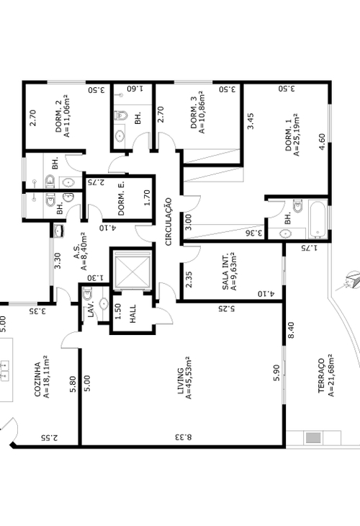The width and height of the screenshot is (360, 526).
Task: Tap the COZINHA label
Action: pyautogui.click(x=38, y=379)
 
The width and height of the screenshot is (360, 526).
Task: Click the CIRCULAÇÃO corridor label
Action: pyautogui.click(x=168, y=221)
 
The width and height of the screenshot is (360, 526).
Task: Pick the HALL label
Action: pyautogui.click(x=133, y=313)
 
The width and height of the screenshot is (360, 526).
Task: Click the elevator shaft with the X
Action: pyautogui.click(x=132, y=269)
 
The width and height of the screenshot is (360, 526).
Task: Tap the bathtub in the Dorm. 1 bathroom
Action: pyautogui.click(x=318, y=219)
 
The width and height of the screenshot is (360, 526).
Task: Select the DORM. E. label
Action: pyautogui.click(x=122, y=199)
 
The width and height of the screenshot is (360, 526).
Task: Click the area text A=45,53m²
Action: pyautogui.click(x=189, y=378)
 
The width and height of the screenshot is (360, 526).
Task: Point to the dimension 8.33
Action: pyautogui.click(x=183, y=437)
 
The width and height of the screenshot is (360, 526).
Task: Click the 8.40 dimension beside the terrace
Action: pyautogui.click(x=291, y=330)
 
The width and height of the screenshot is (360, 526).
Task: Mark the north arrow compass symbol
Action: pyautogui.click(x=350, y=281)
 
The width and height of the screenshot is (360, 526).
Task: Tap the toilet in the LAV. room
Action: pyautogui.click(x=88, y=294)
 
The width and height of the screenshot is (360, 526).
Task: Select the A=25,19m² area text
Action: pyautogui.click(x=297, y=135)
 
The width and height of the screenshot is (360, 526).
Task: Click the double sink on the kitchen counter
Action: pyautogui.click(x=5, y=370)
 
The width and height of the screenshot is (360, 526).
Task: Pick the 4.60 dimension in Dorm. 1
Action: pyautogui.click(x=321, y=142)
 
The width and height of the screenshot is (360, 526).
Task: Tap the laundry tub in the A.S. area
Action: pyautogui.click(x=58, y=231)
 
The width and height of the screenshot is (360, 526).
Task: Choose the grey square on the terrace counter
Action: pyautogui.click(x=313, y=438)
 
